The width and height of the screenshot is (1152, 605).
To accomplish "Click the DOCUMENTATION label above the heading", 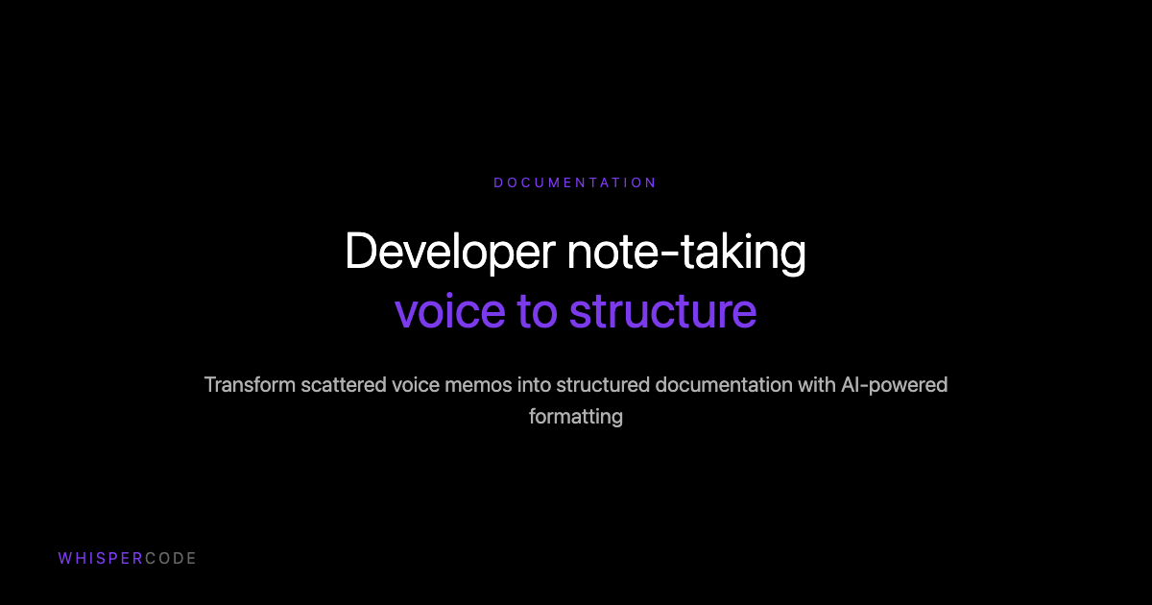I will [x=575, y=182].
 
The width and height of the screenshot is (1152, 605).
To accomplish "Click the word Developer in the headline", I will [x=448, y=253].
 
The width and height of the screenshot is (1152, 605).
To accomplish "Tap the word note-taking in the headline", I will [x=685, y=253].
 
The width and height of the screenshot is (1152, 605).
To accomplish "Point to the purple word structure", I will [x=663, y=312].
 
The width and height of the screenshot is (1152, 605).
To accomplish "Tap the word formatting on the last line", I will [x=576, y=417].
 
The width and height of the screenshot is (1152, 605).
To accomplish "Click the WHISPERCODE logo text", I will [x=127, y=558].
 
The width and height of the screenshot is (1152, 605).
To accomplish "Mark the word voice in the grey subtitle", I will [x=416, y=385].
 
